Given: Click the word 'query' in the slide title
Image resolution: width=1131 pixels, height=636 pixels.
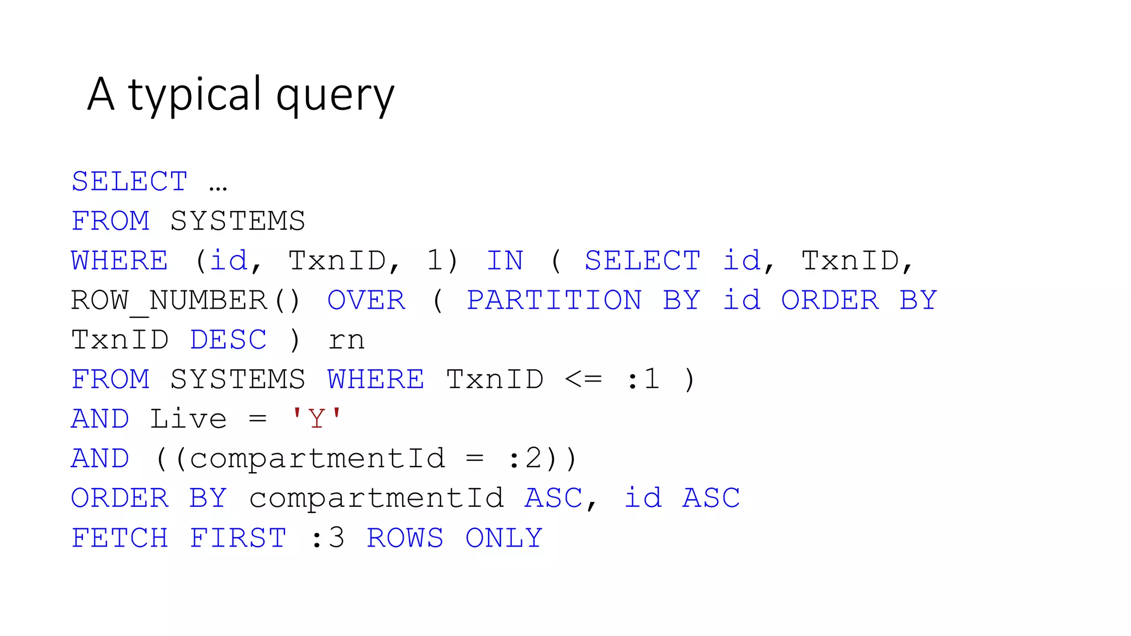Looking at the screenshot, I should (335, 95).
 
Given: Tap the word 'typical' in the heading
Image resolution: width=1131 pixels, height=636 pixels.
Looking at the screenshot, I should (194, 95).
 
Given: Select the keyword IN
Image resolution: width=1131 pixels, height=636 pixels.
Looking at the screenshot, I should (505, 261).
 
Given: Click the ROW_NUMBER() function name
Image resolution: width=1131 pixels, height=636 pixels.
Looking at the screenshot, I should (185, 301).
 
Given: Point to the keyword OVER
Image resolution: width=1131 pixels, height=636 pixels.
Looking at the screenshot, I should (366, 301).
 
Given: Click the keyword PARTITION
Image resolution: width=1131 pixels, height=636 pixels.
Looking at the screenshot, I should (554, 301).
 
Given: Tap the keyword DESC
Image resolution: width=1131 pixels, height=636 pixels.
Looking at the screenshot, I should (228, 340).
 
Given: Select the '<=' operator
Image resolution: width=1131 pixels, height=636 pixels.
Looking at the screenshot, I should (583, 380).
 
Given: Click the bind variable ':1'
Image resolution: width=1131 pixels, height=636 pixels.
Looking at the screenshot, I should (643, 380).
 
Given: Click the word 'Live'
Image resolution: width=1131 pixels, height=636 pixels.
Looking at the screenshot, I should (188, 419).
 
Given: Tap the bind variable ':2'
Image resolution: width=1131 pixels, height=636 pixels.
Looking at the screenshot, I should (524, 459).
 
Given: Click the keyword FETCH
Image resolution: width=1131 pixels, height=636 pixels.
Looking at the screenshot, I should (120, 538).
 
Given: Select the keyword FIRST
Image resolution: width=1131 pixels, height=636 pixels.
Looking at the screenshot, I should (238, 538).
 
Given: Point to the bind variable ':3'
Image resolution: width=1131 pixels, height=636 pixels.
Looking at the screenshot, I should (328, 538).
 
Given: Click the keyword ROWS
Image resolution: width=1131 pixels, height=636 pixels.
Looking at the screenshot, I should (405, 538).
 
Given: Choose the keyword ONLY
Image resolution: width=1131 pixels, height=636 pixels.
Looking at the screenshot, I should (504, 538).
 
